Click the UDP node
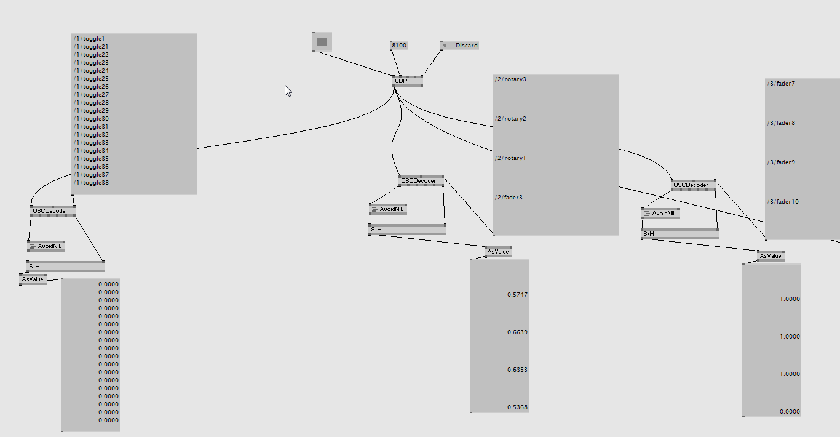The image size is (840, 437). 408,81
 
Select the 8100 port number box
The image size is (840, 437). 398,46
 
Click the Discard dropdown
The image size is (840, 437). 460,46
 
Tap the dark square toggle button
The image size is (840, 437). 322,42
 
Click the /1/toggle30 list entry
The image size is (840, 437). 91,119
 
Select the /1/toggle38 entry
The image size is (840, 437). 91,183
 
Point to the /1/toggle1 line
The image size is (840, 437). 89,39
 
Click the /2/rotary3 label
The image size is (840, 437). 510,79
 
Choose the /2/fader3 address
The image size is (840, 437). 509,198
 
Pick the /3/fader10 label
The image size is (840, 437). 783,202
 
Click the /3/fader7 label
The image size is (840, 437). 781,84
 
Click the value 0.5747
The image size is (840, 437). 518,295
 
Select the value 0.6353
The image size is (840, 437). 518,370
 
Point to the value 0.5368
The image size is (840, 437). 518,407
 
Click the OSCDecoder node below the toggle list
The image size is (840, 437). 53,211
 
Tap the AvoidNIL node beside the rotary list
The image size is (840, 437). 388,209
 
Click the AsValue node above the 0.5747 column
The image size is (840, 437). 498,252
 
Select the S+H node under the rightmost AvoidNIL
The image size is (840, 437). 680,234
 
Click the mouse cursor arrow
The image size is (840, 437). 288,91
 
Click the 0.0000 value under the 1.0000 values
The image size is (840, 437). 790,412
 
